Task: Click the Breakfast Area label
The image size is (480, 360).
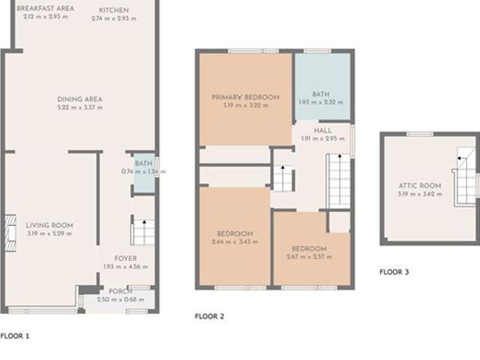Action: tap(44, 8)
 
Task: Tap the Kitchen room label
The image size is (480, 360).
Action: tap(114, 10)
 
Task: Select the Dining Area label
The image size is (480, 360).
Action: tap(79, 99)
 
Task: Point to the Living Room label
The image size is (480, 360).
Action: tap(49, 225)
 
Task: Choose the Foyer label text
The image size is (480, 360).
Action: tap(125, 259)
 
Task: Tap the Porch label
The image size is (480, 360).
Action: tap(120, 291)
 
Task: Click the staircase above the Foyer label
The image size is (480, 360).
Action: tap(142, 232)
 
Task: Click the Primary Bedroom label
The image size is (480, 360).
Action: tap(245, 97)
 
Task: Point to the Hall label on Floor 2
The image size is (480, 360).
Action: tap(322, 130)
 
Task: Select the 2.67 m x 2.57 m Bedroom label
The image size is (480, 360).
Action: tap(309, 248)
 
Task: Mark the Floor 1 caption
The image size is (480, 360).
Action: tap(15, 336)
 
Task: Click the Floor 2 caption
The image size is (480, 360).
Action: tap(209, 316)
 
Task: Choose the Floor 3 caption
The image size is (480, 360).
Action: tap(394, 272)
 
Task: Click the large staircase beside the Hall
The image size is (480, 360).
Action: tap(338, 180)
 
